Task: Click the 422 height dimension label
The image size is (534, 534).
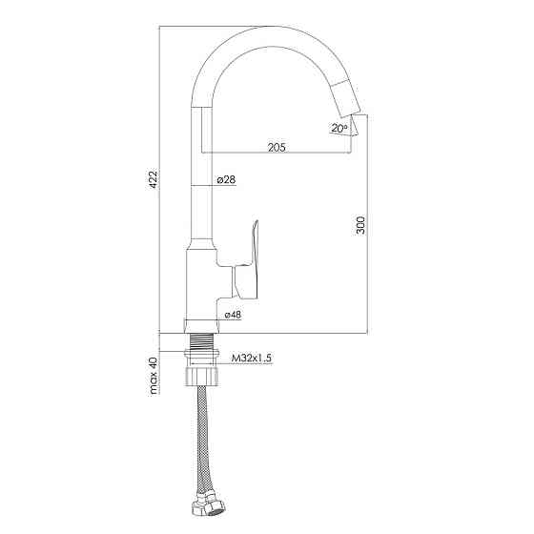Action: point(154,177)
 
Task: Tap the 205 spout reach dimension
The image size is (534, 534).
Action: point(277,148)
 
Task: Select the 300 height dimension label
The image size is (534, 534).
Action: point(360,225)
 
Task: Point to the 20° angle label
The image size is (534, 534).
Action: point(339,128)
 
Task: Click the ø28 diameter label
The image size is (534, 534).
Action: point(226,179)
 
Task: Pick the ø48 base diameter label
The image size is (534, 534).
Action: point(233,315)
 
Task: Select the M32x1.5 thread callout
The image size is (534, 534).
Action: point(252,358)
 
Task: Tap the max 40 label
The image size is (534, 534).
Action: point(154,376)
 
